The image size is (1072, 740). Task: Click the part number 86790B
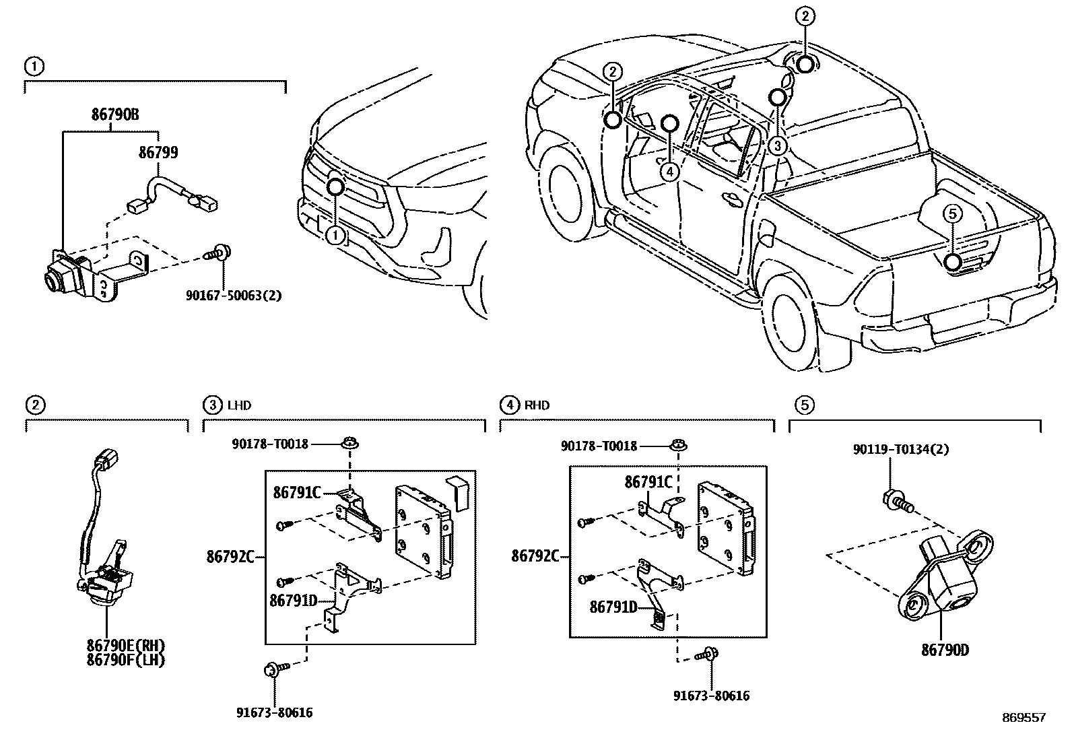pos(115,115)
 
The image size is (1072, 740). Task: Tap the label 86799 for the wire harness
pos(158,153)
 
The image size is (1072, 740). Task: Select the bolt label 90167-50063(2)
pos(234,295)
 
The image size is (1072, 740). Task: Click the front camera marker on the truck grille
pos(335,187)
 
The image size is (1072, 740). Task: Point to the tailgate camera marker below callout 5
pos(952,262)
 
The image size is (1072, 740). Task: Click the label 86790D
pos(945,650)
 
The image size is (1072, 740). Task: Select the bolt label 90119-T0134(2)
pos(900,450)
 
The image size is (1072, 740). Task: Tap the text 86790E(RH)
pos(125,647)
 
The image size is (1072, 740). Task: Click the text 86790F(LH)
pos(125,661)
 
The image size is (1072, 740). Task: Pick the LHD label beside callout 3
pos(239,405)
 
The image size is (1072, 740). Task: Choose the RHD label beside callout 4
pos(537,405)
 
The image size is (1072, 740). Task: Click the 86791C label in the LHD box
pos(296,492)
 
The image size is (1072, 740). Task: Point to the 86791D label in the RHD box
pos(613,607)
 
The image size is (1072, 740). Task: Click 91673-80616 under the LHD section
pos(274,712)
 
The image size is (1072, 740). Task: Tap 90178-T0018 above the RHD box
pos(599,446)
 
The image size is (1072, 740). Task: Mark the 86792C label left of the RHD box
pos(535,556)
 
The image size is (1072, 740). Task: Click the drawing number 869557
pos(1023,718)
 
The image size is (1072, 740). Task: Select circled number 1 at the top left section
pos(34,66)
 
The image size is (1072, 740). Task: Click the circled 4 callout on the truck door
pos(668,172)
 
